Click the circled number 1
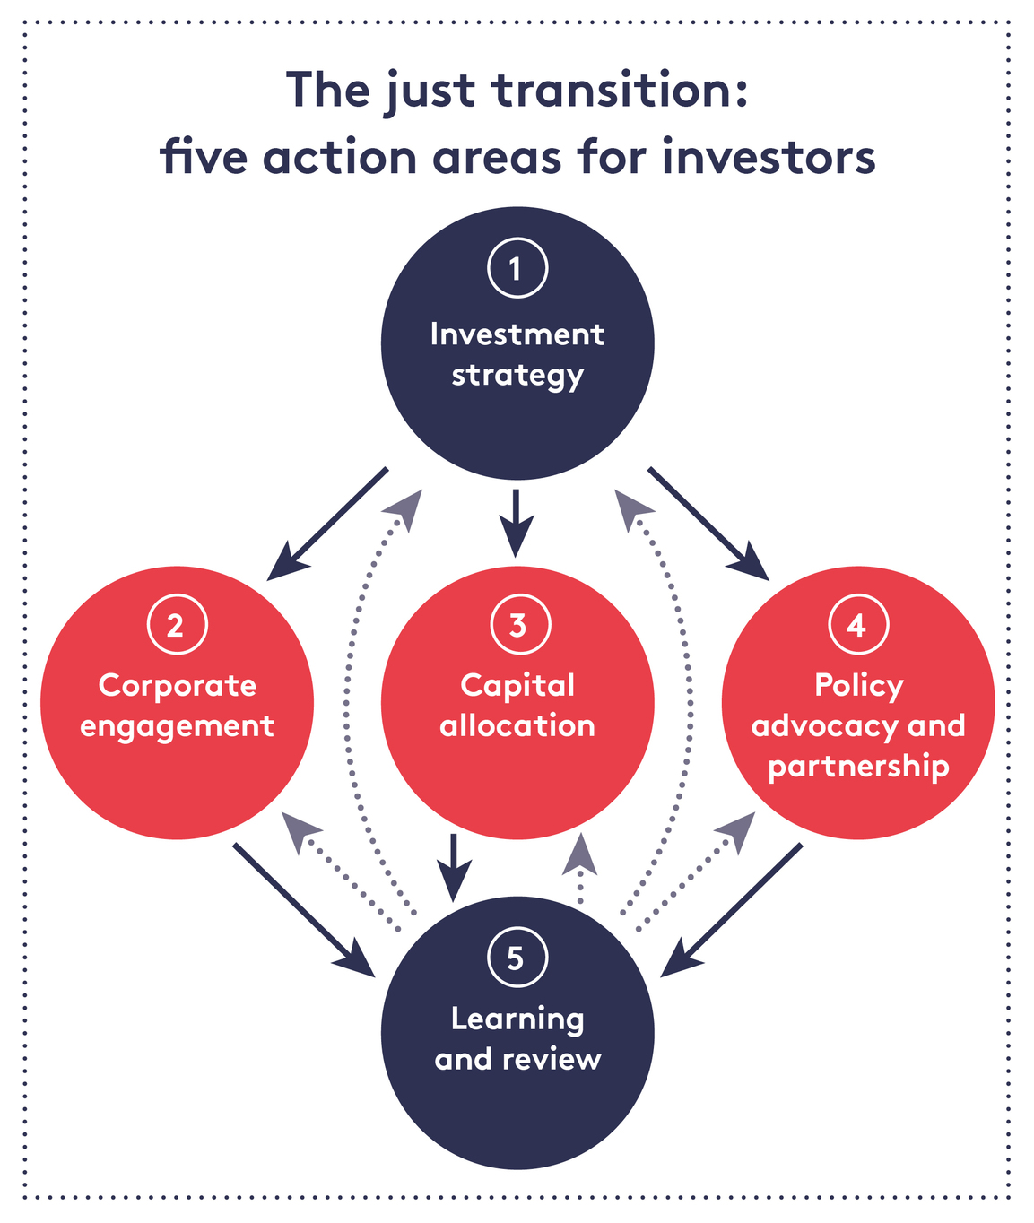[x=517, y=267]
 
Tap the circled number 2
[x=177, y=624]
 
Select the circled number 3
[x=517, y=624]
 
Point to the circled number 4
[x=858, y=624]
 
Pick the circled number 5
[x=517, y=958]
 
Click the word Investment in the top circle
[x=517, y=334]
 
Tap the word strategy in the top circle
[x=517, y=375]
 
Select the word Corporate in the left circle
[x=178, y=685]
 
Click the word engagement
[x=177, y=726]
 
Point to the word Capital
[x=517, y=685]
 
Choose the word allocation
[x=517, y=725]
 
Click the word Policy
[x=858, y=685]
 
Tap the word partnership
[x=858, y=767]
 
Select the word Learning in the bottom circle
[x=517, y=1019]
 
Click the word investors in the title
[x=769, y=158]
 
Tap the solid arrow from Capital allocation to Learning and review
[x=454, y=866]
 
